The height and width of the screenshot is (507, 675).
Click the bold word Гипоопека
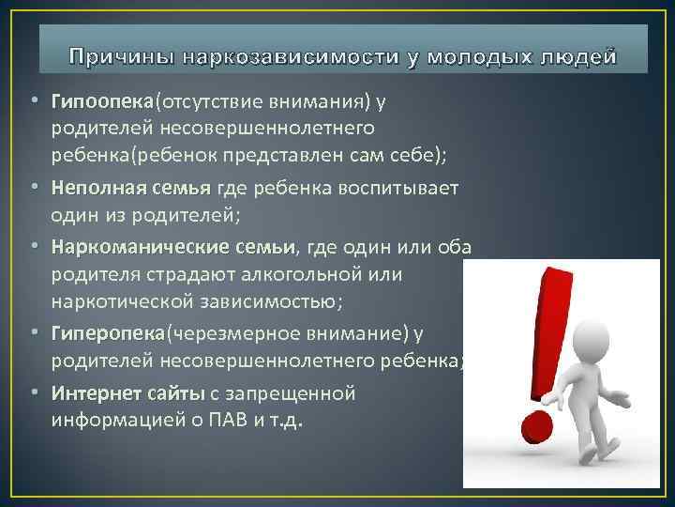[102, 100]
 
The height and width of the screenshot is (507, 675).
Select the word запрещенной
[296, 392]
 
